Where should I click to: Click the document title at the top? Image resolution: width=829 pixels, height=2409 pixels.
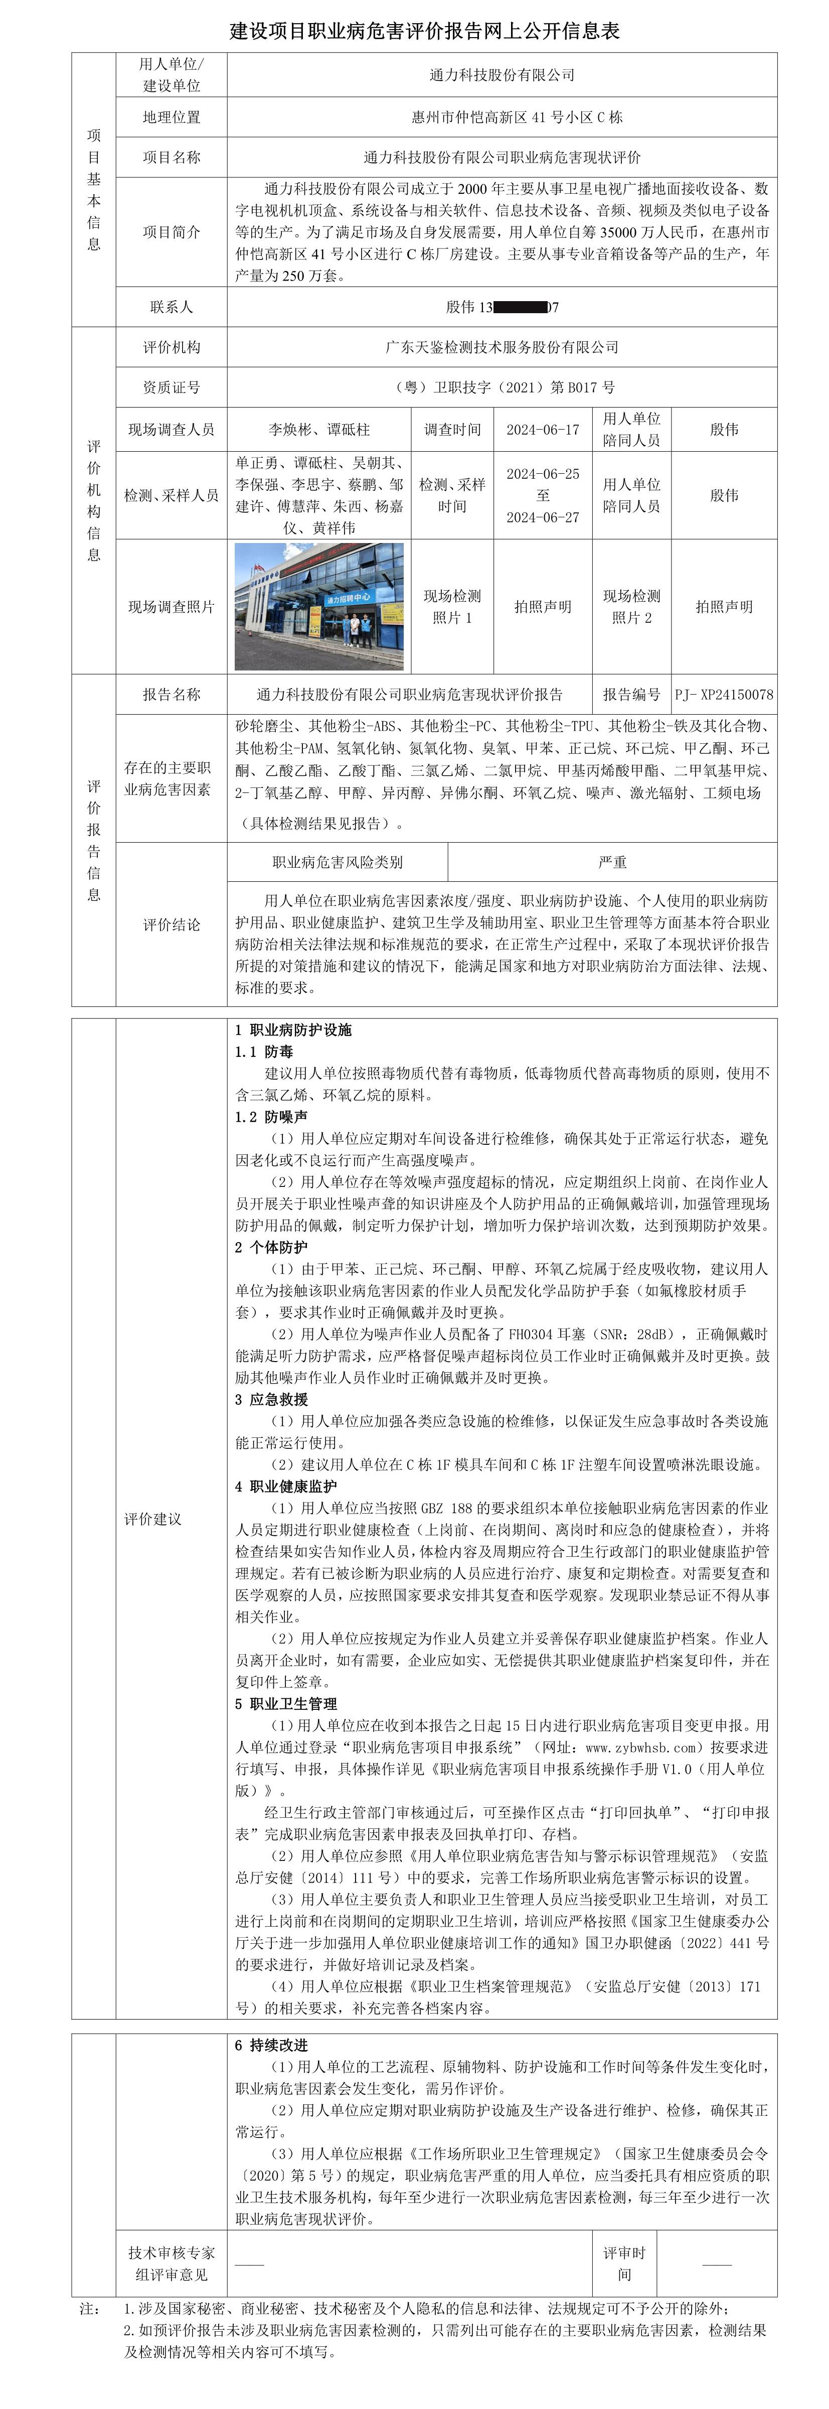pyautogui.click(x=424, y=31)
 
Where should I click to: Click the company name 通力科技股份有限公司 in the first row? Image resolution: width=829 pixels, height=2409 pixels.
pyautogui.click(x=502, y=75)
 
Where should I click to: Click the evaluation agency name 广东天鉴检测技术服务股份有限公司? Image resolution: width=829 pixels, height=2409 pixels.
pyautogui.click(x=502, y=347)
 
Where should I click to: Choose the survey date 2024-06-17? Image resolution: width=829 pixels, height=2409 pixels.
pyautogui.click(x=542, y=429)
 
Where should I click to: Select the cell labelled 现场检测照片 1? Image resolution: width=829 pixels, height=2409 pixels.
pyautogui.click(x=452, y=606)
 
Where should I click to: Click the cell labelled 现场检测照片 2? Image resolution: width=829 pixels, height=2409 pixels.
pyautogui.click(x=632, y=606)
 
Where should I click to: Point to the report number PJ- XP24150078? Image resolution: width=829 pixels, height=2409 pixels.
pyautogui.click(x=724, y=695)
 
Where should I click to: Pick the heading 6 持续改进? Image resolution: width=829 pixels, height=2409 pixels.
pyautogui.click(x=271, y=2045)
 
